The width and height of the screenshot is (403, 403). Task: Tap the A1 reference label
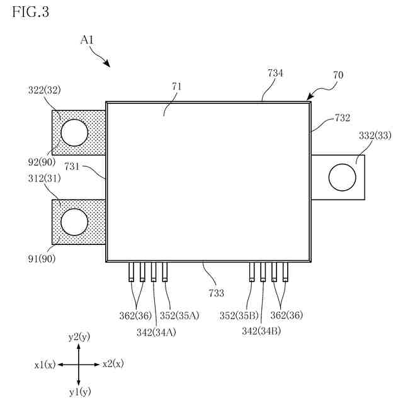[x=88, y=39]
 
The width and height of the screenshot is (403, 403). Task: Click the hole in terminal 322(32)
[x=74, y=132]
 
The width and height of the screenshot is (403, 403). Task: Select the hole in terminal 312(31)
[x=74, y=222]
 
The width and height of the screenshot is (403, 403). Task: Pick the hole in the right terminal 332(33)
[x=341, y=177]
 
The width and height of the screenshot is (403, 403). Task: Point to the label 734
[x=275, y=74]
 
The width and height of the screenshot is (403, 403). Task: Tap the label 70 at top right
[x=338, y=75]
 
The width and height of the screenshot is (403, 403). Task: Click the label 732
[x=342, y=118]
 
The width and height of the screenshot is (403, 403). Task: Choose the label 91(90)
[x=40, y=258]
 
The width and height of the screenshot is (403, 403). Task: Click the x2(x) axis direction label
[x=113, y=364]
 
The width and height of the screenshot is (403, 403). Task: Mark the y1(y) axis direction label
[x=79, y=392]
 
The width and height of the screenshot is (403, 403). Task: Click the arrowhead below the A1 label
[x=108, y=64]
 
